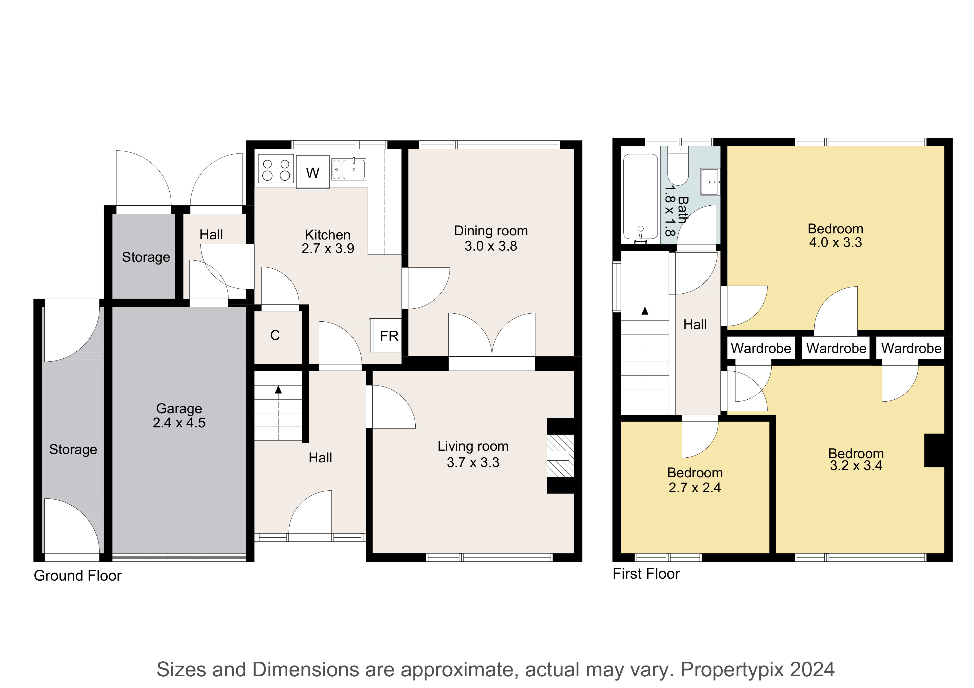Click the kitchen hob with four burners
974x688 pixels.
276,169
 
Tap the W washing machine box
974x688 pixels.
313,172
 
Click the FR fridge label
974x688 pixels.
389,336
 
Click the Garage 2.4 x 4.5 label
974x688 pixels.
179,415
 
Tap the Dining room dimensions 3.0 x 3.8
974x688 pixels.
491,246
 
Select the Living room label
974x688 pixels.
473,446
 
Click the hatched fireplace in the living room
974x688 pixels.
560,456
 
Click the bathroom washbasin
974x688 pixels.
709,182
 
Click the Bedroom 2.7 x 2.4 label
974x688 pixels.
695,480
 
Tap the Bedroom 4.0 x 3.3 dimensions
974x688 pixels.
835,243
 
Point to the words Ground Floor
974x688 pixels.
78,576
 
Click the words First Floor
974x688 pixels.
646,574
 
